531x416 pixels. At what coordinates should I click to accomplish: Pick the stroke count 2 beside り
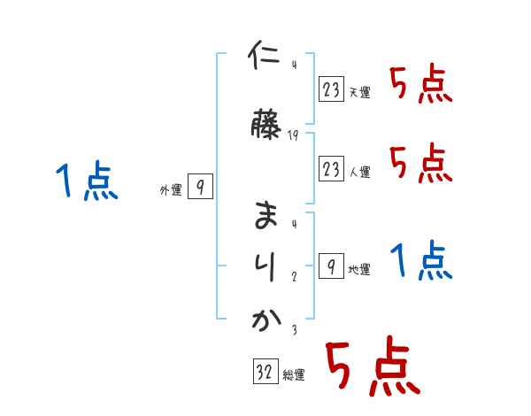(293, 276)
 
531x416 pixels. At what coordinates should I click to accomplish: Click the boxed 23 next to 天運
(331, 89)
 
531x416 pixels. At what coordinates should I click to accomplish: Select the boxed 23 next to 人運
(331, 168)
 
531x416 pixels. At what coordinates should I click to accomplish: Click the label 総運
(294, 375)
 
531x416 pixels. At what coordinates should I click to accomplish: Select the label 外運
(170, 189)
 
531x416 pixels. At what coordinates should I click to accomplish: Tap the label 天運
(359, 92)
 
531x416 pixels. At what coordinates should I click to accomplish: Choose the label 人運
(359, 171)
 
